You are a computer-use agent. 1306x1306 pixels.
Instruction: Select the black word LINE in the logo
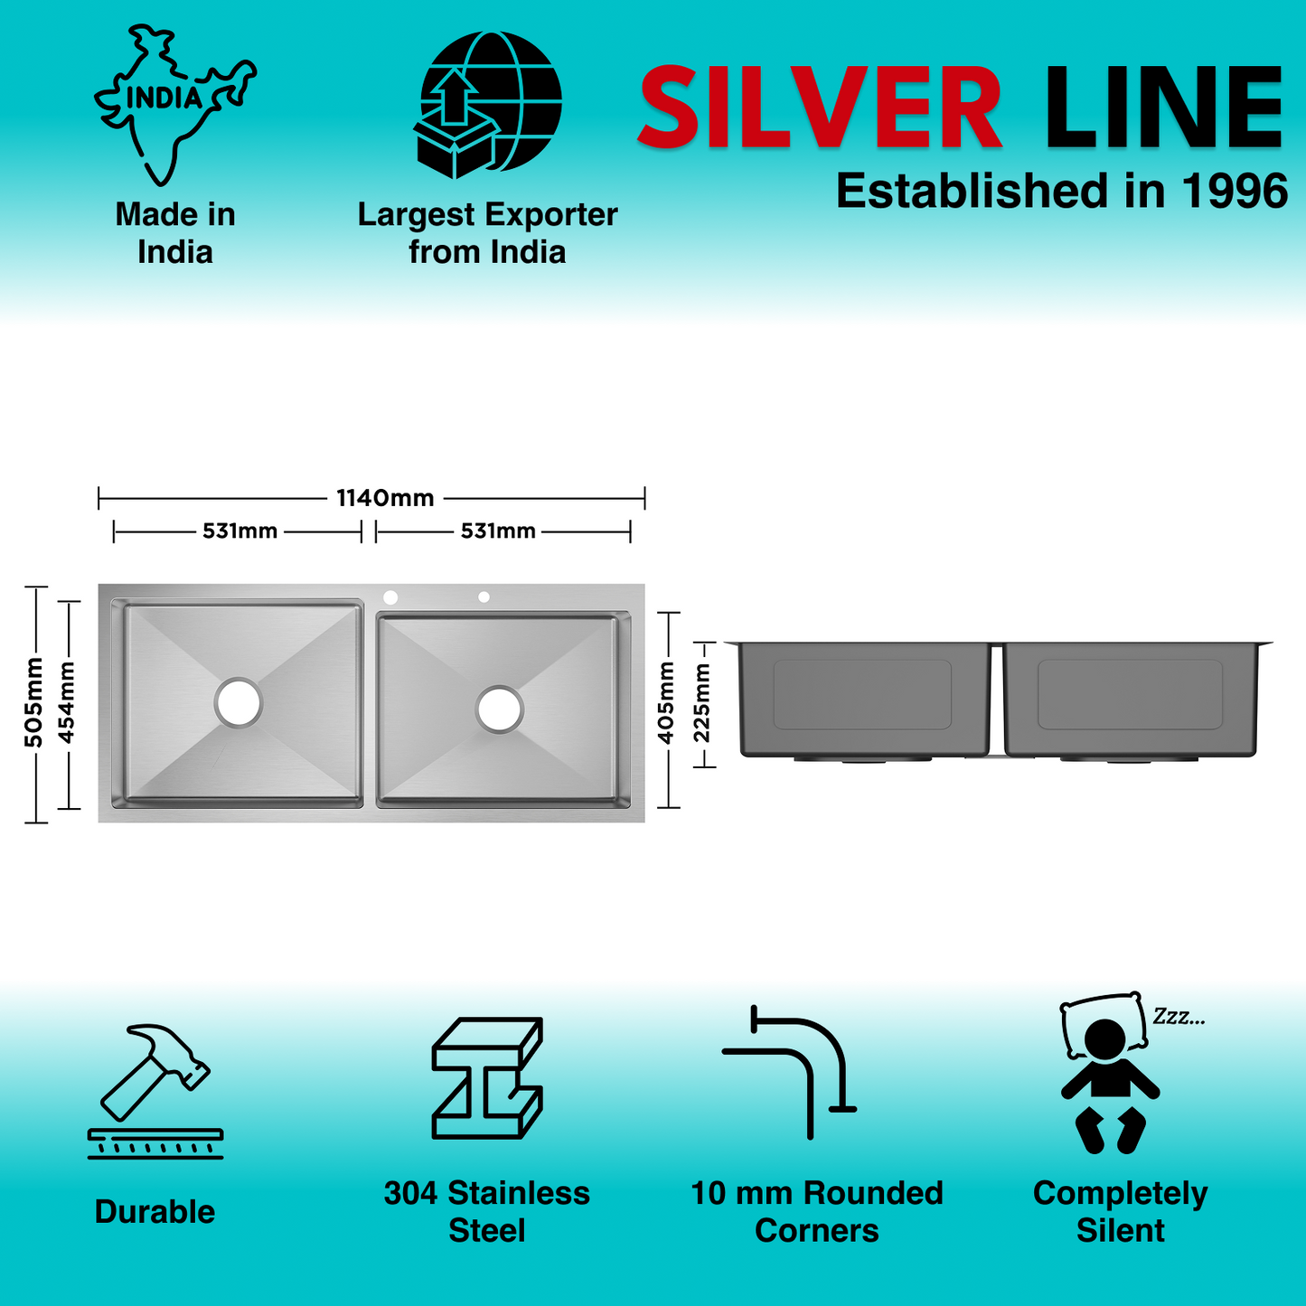(1163, 108)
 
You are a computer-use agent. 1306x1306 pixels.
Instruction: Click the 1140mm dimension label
(385, 498)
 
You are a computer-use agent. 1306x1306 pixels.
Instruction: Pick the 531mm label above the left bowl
(240, 531)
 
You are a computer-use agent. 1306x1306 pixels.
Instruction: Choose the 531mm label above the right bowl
(498, 531)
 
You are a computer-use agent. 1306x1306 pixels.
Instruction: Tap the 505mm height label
(34, 703)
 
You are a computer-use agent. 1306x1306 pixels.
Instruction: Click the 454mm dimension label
(67, 703)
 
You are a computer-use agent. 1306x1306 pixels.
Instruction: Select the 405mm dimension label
(667, 703)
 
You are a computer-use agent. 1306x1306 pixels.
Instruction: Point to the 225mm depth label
(702, 703)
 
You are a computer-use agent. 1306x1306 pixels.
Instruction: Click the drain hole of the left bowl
(239, 702)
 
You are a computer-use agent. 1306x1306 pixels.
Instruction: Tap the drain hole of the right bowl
(500, 709)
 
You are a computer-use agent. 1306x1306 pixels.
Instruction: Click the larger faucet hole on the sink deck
(390, 597)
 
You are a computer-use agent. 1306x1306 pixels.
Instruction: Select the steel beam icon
(487, 1077)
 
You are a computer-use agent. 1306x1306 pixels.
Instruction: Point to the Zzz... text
(1179, 1017)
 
